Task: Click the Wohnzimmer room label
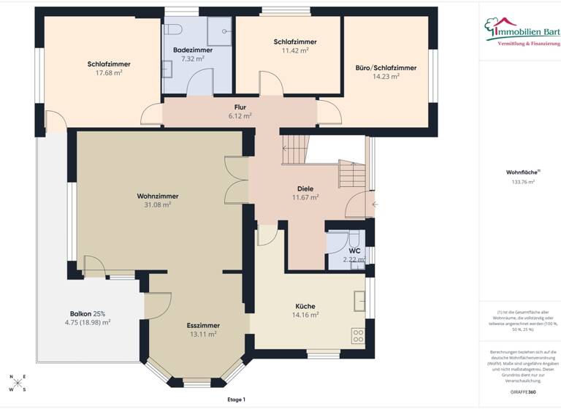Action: click(157, 196)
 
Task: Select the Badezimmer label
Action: click(193, 50)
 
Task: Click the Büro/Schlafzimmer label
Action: click(386, 67)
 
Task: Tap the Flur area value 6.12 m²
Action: click(240, 115)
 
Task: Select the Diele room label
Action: click(305, 188)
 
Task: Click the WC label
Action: click(354, 251)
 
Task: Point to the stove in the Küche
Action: click(359, 336)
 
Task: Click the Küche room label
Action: click(305, 306)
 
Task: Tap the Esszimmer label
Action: click(203, 325)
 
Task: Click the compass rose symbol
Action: click(17, 383)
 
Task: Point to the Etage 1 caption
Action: click(237, 400)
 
